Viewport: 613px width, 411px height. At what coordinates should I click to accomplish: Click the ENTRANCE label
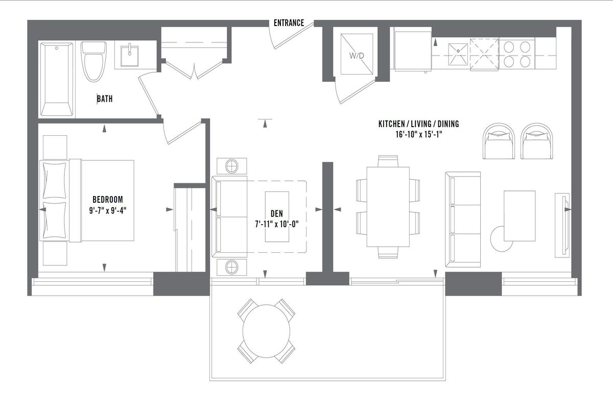(x=289, y=23)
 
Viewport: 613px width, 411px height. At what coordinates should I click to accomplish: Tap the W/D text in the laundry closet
(x=357, y=56)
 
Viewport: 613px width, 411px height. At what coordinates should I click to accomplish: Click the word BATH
(x=105, y=99)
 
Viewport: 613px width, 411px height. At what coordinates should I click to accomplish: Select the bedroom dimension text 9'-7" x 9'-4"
(x=108, y=210)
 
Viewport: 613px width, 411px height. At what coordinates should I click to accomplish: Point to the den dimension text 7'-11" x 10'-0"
(x=277, y=224)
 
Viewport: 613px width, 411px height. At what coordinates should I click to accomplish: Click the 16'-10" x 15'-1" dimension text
(x=419, y=135)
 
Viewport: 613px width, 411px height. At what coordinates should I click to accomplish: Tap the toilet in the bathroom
(x=93, y=62)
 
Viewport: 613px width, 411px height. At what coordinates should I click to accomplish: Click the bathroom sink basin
(x=129, y=56)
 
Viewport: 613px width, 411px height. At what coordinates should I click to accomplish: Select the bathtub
(x=57, y=79)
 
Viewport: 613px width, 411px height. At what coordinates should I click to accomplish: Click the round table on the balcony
(x=266, y=331)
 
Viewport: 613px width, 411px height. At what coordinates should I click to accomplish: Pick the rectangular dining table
(x=388, y=207)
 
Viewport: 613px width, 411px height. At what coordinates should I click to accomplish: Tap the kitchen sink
(x=458, y=54)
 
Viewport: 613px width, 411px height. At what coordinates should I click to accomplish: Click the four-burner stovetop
(x=516, y=54)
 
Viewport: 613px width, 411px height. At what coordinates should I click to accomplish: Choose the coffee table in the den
(x=277, y=216)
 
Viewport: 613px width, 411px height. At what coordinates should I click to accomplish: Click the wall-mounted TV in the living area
(x=562, y=225)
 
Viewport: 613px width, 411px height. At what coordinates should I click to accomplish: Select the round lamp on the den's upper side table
(x=232, y=166)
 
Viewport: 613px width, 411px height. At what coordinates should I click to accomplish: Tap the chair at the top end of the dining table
(x=388, y=161)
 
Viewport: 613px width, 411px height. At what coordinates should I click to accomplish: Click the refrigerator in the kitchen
(x=413, y=51)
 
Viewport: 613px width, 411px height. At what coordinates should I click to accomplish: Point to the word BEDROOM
(x=108, y=199)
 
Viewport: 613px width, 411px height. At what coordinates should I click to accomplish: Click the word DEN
(x=277, y=213)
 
